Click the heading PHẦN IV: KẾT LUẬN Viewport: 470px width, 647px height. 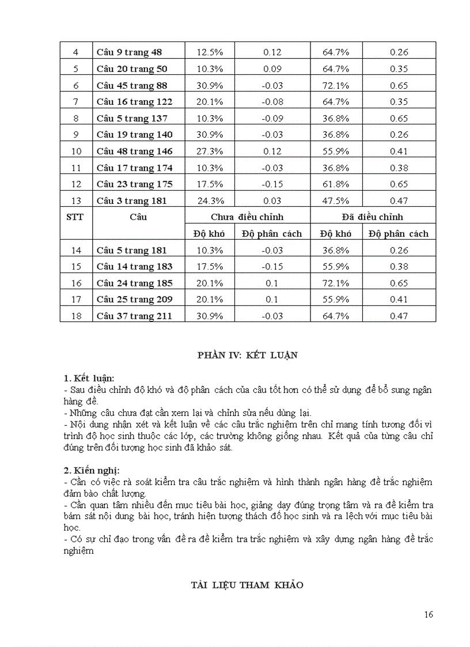click(247, 355)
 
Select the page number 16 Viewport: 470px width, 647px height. click(428, 614)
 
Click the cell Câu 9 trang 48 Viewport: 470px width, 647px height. click(130, 52)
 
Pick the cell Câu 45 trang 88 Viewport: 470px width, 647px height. click(132, 85)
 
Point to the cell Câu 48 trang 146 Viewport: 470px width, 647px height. click(134, 152)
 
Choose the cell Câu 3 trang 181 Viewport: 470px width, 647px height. click(132, 201)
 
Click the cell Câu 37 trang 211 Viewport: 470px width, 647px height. click(134, 316)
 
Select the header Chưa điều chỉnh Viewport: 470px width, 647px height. click(247, 217)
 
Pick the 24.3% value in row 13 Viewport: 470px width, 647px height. click(210, 201)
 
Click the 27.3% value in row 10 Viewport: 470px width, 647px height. click(210, 152)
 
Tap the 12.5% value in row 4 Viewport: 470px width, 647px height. click(210, 52)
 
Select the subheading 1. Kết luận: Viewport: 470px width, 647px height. click(89, 379)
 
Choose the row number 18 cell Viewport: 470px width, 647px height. click(76, 316)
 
